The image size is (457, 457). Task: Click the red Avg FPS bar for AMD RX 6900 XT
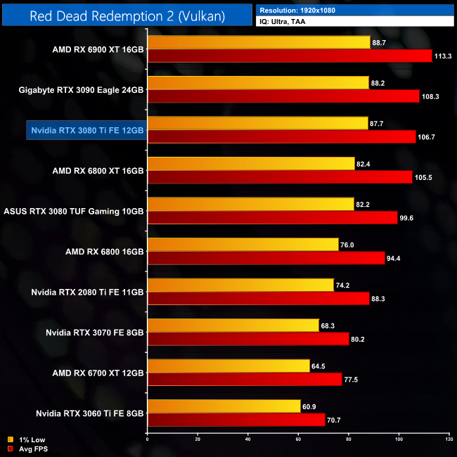coord(289,56)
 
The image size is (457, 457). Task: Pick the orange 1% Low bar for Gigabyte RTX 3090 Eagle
coord(258,82)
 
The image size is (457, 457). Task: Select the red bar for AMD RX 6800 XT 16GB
coord(279,177)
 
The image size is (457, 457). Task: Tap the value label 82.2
coord(366,204)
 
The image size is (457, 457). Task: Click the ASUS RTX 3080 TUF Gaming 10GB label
coord(75,211)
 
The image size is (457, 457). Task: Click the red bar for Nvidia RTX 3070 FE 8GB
coord(248,339)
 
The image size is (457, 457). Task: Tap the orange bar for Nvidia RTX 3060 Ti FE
coord(224,406)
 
